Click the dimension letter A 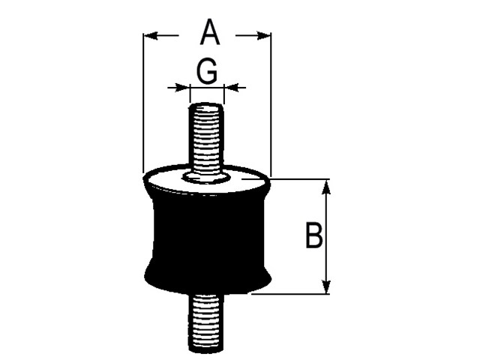point(210,32)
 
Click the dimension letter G point(207,71)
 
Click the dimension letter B point(313,235)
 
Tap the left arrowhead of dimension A point(151,35)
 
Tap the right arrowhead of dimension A point(264,35)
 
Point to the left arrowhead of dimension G point(182,88)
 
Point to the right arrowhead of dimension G point(232,88)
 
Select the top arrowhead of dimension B point(326,187)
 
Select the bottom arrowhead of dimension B point(326,286)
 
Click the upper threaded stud point(206,140)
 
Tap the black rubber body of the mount point(208,241)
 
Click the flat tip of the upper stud point(206,105)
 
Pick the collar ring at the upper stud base point(206,178)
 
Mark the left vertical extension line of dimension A point(143,103)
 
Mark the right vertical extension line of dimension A point(271,105)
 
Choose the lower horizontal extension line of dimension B point(290,294)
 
